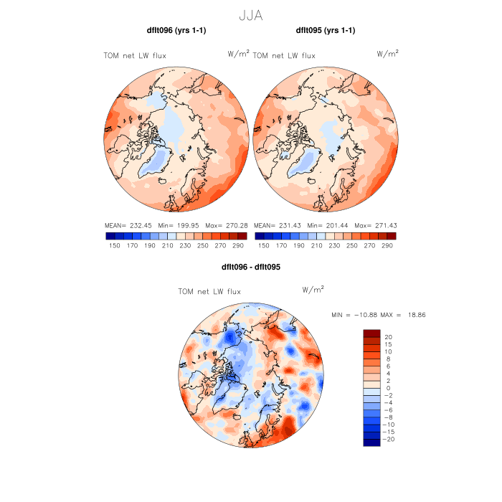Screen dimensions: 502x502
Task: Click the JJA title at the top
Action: point(250,14)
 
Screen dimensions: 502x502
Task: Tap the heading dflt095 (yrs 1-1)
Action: point(326,31)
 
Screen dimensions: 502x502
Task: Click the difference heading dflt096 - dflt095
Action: point(250,267)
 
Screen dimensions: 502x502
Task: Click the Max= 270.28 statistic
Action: point(229,225)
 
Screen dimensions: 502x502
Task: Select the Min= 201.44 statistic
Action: point(326,225)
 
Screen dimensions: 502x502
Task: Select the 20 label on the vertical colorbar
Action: point(387,336)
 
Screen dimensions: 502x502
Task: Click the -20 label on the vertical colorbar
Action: point(389,439)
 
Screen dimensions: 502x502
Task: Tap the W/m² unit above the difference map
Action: point(313,290)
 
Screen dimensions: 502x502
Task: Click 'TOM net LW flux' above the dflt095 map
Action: point(285,55)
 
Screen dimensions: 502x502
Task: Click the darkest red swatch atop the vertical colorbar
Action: point(371,333)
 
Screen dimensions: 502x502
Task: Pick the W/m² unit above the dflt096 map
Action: point(238,53)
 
